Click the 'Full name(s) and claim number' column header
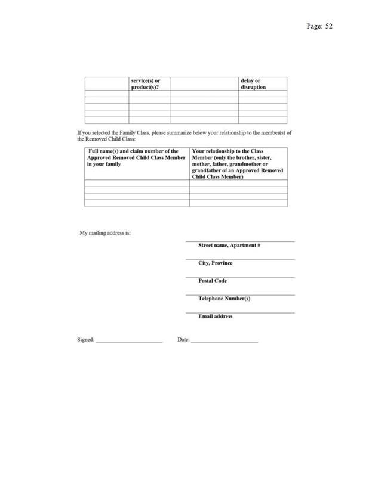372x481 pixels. click(x=137, y=158)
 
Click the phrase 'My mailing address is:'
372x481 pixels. click(x=105, y=233)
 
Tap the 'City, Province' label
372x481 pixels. click(x=216, y=263)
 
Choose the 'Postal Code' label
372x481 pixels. click(x=213, y=281)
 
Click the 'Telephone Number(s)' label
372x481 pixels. click(x=224, y=299)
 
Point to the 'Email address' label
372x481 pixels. click(x=216, y=316)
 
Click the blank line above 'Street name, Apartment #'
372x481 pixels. click(x=240, y=241)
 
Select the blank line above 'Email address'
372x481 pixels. click(x=240, y=312)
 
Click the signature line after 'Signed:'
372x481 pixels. click(x=129, y=342)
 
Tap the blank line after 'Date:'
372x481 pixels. click(x=225, y=342)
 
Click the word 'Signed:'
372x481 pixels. click(x=85, y=340)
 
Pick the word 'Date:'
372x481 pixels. click(x=183, y=340)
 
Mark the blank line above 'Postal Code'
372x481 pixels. click(x=240, y=277)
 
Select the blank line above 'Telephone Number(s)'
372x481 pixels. click(x=240, y=294)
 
